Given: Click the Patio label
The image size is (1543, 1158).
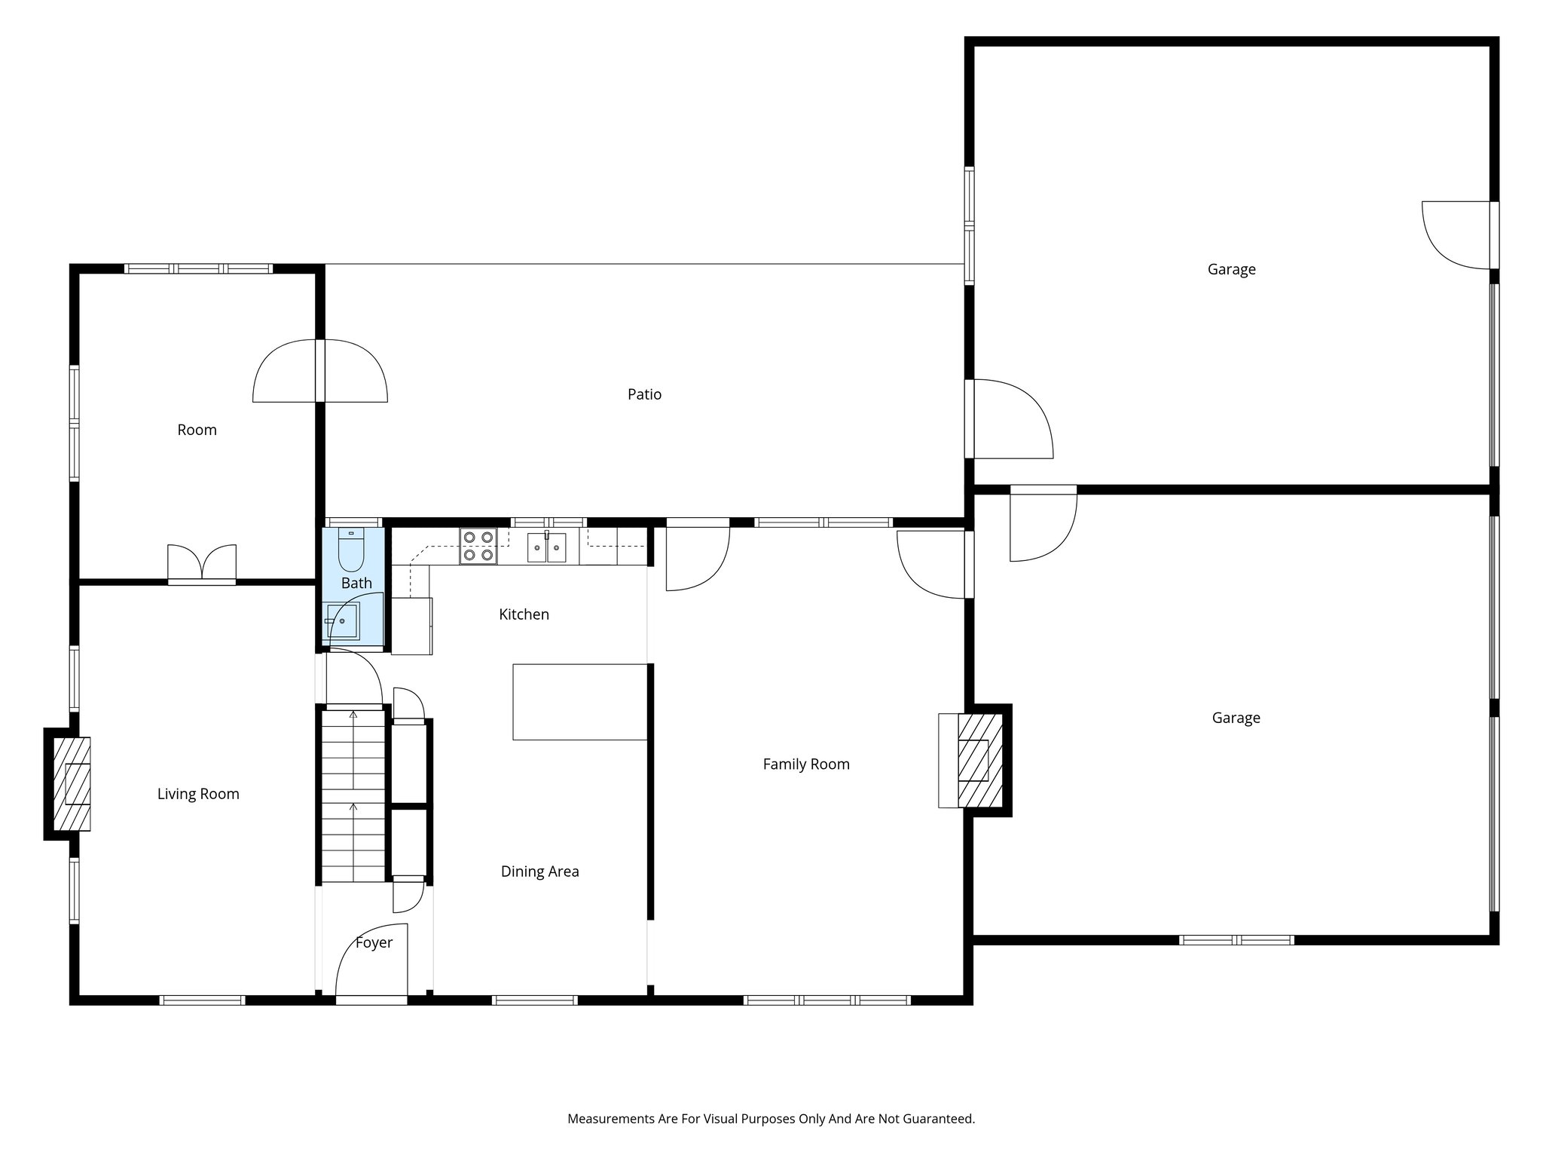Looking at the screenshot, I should pyautogui.click(x=644, y=394).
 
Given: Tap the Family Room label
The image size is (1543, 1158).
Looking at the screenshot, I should pyautogui.click(x=805, y=764).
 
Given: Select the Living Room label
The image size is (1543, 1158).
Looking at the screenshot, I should pyautogui.click(x=198, y=794).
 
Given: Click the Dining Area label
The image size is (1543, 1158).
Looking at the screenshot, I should pyautogui.click(x=539, y=872).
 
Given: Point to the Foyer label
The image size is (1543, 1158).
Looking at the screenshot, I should pyautogui.click(x=374, y=942).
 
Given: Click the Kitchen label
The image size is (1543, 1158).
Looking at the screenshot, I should pyautogui.click(x=524, y=614).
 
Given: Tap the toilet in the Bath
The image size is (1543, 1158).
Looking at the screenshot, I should pyautogui.click(x=350, y=550).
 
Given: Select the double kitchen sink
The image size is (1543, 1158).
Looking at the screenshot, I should pyautogui.click(x=546, y=547).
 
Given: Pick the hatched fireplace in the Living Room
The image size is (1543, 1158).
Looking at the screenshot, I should pyautogui.click(x=72, y=784).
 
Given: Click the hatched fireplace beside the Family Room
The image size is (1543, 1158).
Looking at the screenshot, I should pyautogui.click(x=979, y=760).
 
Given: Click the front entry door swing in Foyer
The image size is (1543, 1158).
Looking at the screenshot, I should pyautogui.click(x=371, y=961).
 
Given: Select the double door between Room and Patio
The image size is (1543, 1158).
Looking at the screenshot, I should pyautogui.click(x=320, y=371).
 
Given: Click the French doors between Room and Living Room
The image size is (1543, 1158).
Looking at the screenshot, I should pyautogui.click(x=201, y=564).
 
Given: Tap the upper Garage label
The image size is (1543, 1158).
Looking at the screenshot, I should pyautogui.click(x=1231, y=269).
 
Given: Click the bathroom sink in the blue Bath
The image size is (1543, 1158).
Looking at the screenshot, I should pyautogui.click(x=343, y=620).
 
